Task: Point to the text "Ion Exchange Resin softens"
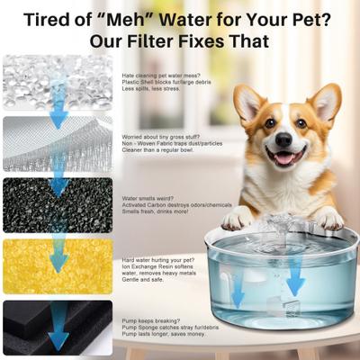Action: click(x=154, y=266)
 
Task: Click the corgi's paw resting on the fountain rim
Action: click(x=236, y=219)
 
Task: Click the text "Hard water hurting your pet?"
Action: click(x=157, y=259)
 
